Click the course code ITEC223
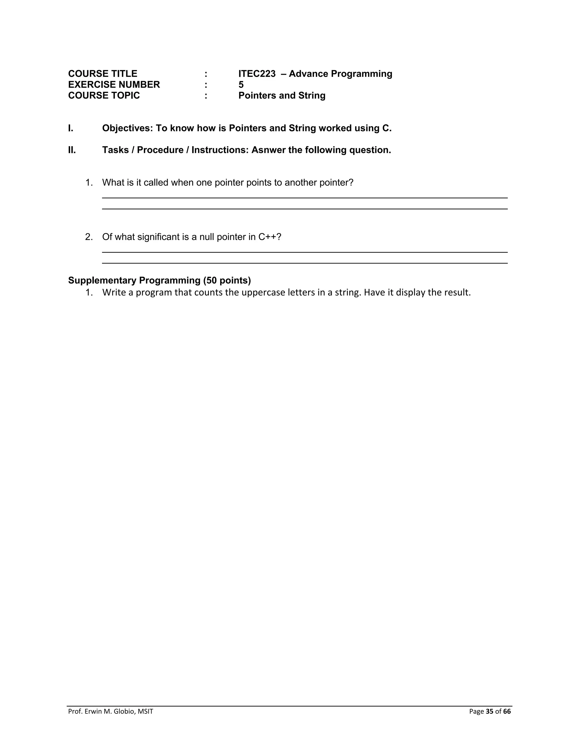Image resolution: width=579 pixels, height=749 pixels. pos(257,74)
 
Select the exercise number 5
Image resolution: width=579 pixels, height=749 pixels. pos(241,85)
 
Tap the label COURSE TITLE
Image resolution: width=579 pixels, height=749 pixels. pos(103,74)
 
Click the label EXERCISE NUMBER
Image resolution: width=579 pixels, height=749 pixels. pos(114,85)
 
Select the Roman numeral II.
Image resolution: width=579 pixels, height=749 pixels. pos(72,150)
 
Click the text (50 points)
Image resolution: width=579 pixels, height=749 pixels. pos(227,281)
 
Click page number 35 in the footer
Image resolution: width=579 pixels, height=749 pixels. pos(489,711)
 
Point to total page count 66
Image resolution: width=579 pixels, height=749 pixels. pos(507,711)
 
